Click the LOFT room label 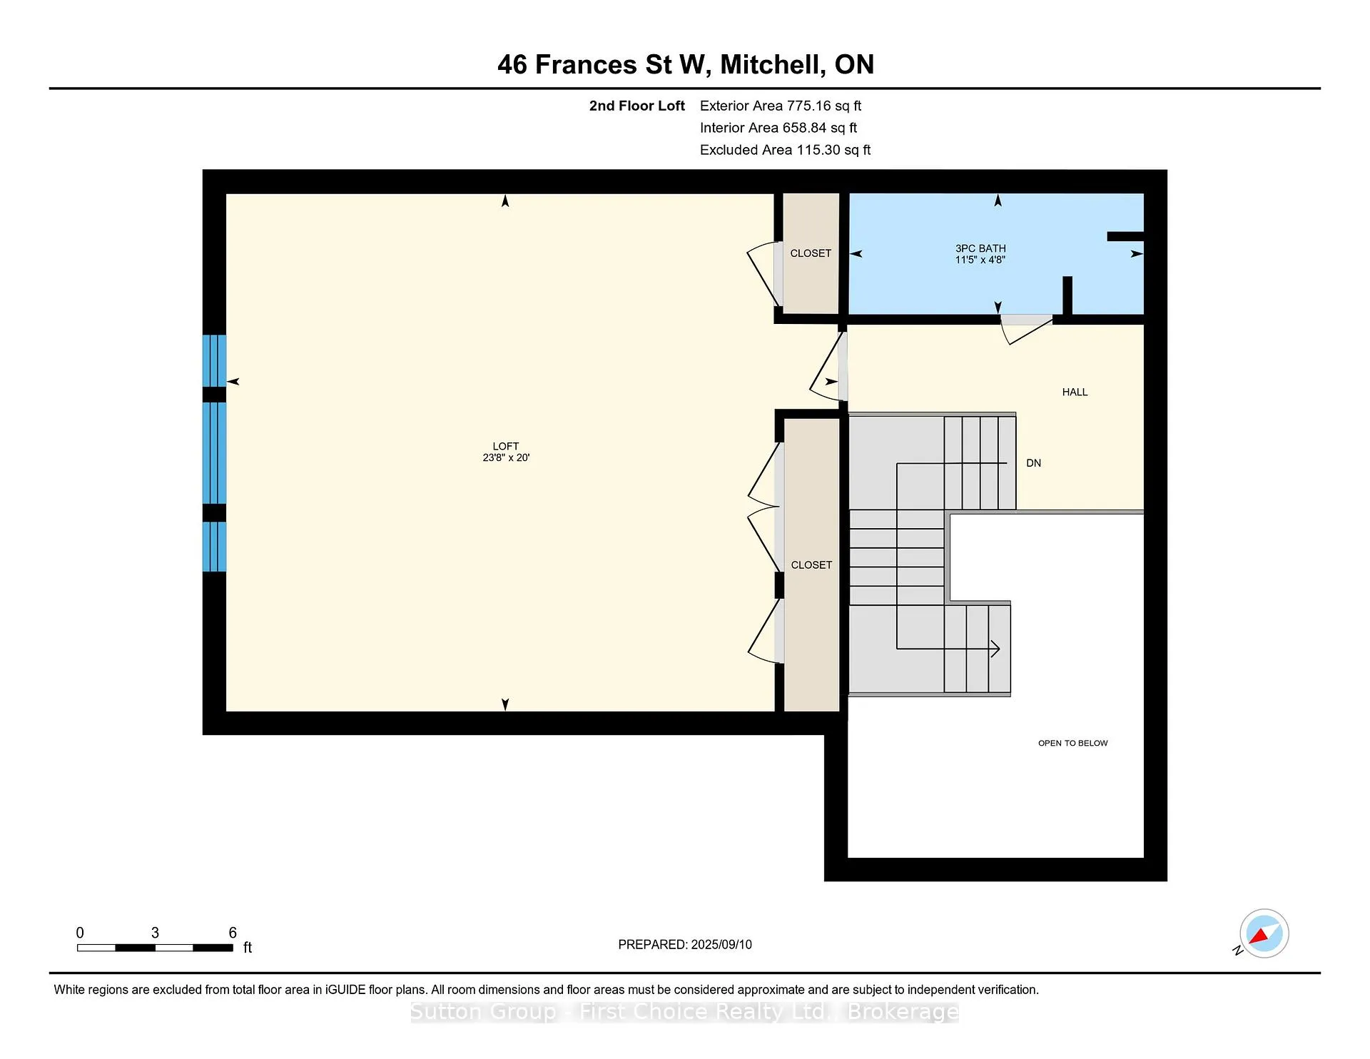[x=505, y=447]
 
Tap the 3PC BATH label [x=980, y=248]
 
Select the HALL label [x=1075, y=392]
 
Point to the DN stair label [x=1033, y=463]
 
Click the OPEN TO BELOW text [x=1072, y=743]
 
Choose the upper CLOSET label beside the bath [x=811, y=253]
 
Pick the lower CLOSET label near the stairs [x=811, y=564]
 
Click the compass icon [x=1264, y=933]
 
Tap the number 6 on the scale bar [x=233, y=933]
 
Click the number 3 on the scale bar [x=155, y=933]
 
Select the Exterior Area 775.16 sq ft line [x=781, y=106]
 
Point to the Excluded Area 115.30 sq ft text [x=785, y=150]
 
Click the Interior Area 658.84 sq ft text [x=778, y=128]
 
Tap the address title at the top [x=686, y=65]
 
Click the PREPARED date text [x=685, y=944]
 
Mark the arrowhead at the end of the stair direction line [x=995, y=649]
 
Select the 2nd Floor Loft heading [x=637, y=106]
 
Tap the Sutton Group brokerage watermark [x=685, y=1012]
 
